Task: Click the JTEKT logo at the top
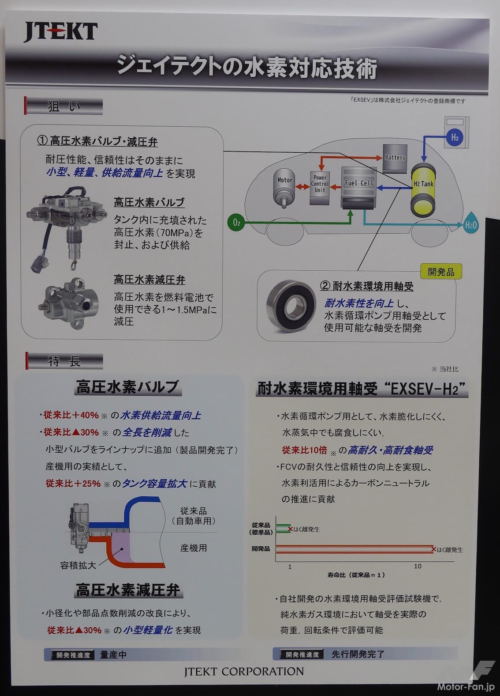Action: [60, 32]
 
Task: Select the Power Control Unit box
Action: [320, 184]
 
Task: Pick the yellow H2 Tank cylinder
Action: [423, 190]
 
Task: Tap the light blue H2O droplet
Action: [470, 225]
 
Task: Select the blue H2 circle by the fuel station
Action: [455, 137]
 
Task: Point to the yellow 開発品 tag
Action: [441, 272]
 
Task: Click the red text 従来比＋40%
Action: [71, 415]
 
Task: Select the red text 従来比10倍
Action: [305, 450]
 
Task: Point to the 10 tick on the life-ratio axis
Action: [417, 566]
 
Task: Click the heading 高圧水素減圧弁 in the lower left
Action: [127, 590]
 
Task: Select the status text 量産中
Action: [113, 654]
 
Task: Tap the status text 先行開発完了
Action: [358, 654]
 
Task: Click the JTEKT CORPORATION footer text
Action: [244, 672]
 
